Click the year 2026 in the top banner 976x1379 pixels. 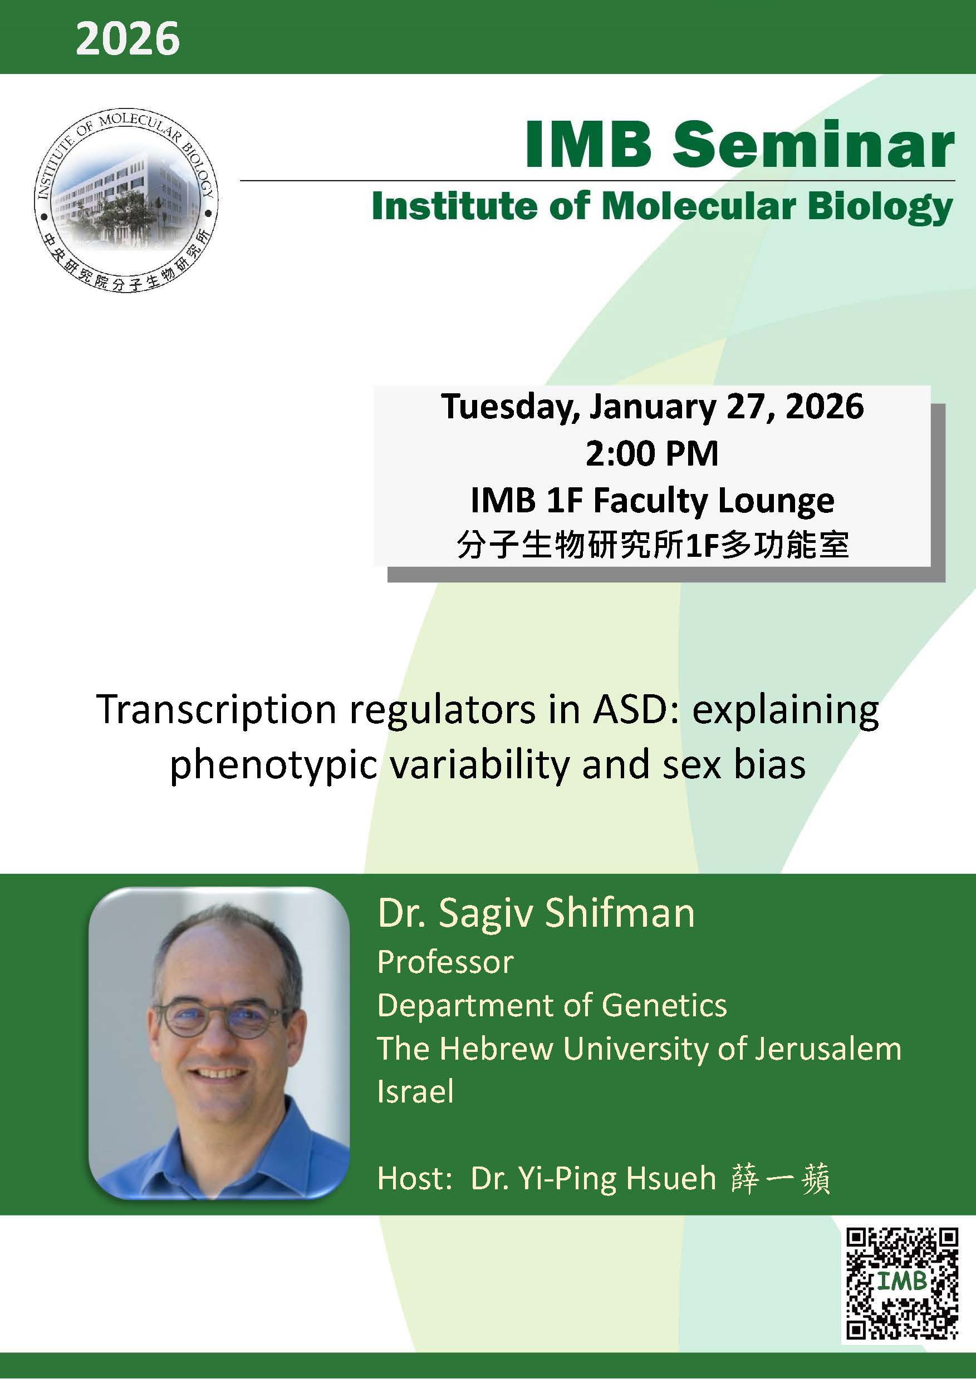coord(127,38)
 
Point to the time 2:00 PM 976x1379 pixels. coord(652,453)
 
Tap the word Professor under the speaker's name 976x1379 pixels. coord(445,962)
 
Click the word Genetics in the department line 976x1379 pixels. coord(664,1005)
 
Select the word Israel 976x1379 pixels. coord(415,1091)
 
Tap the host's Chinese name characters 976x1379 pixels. coord(780,1178)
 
